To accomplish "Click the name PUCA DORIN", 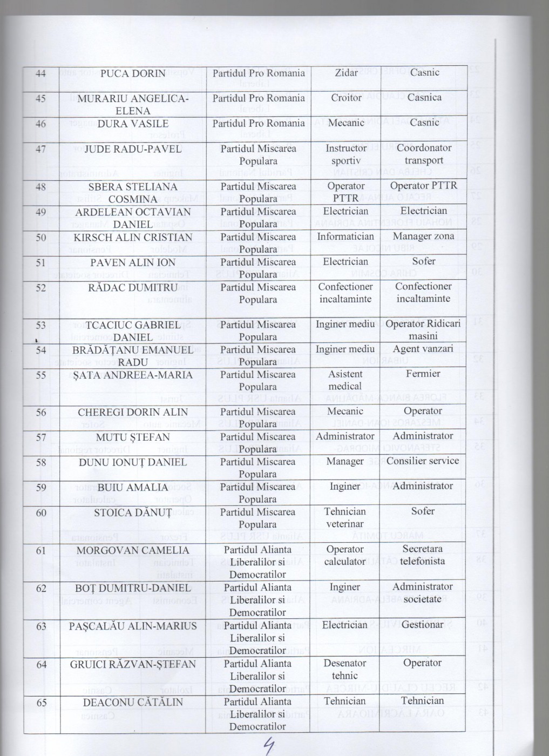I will point(133,73).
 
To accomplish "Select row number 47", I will point(41,149).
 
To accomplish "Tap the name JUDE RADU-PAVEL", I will point(133,149).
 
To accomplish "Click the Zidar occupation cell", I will point(346,72).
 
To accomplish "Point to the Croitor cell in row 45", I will point(346,98).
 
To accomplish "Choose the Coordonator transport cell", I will point(424,154).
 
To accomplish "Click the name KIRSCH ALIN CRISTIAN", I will point(133,238).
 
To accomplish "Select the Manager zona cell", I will point(423,236).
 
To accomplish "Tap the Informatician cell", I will point(345,237).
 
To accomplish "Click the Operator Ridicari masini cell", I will point(423,329).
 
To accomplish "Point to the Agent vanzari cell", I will point(423,349).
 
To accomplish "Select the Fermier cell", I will point(423,374).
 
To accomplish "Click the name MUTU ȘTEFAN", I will point(133,437).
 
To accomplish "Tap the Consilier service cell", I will point(423,461).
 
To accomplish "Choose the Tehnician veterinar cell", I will point(345,517).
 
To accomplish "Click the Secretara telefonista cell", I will point(423,555).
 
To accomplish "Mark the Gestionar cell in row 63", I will point(423,625).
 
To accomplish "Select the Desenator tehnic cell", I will point(345,669).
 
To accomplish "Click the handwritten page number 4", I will point(268,746).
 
